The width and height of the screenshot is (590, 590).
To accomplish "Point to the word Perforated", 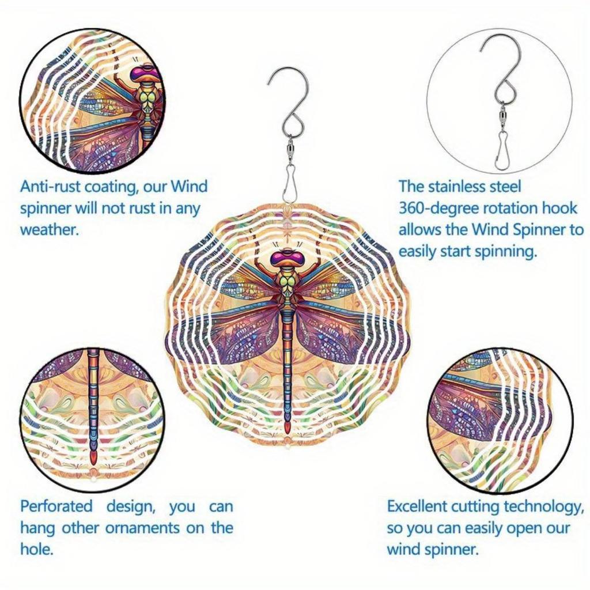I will coord(56,506).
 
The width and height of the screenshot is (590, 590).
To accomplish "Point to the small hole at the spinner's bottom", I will coord(286,447).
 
